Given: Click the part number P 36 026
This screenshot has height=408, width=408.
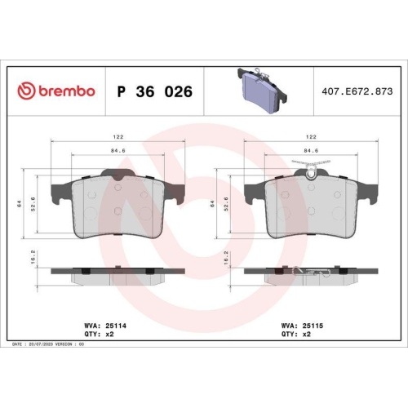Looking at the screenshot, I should pyautogui.click(x=155, y=91).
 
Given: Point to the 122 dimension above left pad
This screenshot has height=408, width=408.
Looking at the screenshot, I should pyautogui.click(x=118, y=138).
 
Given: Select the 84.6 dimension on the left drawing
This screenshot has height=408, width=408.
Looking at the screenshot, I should pyautogui.click(x=118, y=150).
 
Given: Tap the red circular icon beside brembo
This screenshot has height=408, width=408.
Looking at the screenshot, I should pyautogui.click(x=25, y=91).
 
